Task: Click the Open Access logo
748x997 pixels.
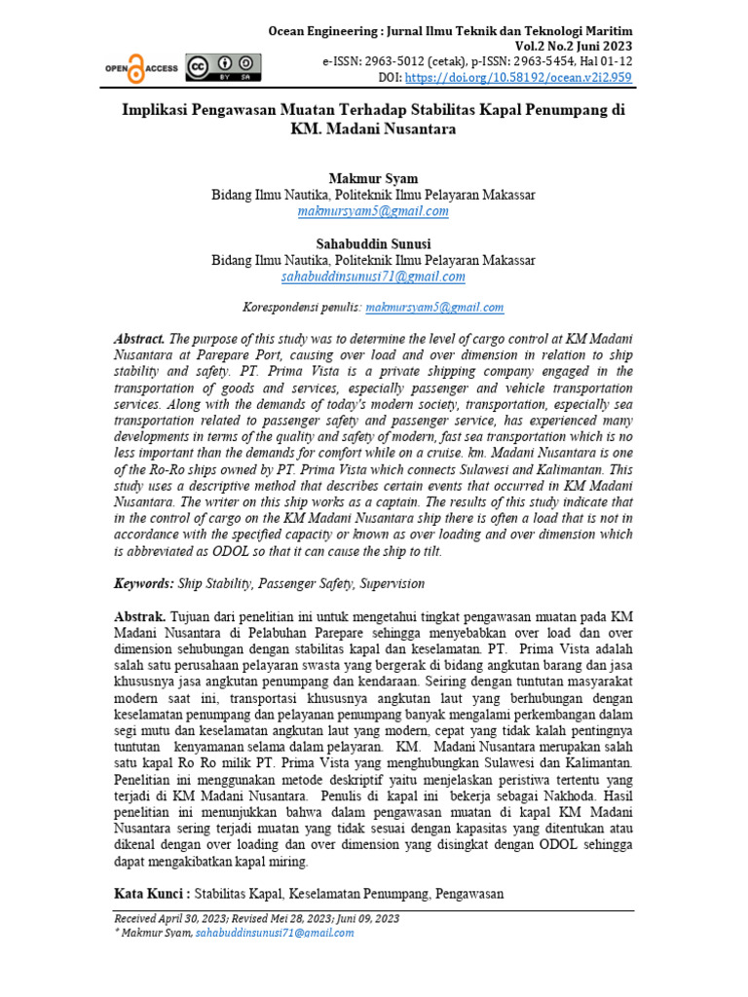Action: (141, 67)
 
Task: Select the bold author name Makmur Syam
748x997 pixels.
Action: (373, 179)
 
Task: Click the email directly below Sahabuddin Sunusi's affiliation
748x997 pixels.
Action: (373, 277)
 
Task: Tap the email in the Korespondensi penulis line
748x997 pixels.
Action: (434, 308)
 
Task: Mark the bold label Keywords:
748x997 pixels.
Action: (144, 583)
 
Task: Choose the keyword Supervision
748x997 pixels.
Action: (393, 583)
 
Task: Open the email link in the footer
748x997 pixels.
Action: (275, 932)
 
